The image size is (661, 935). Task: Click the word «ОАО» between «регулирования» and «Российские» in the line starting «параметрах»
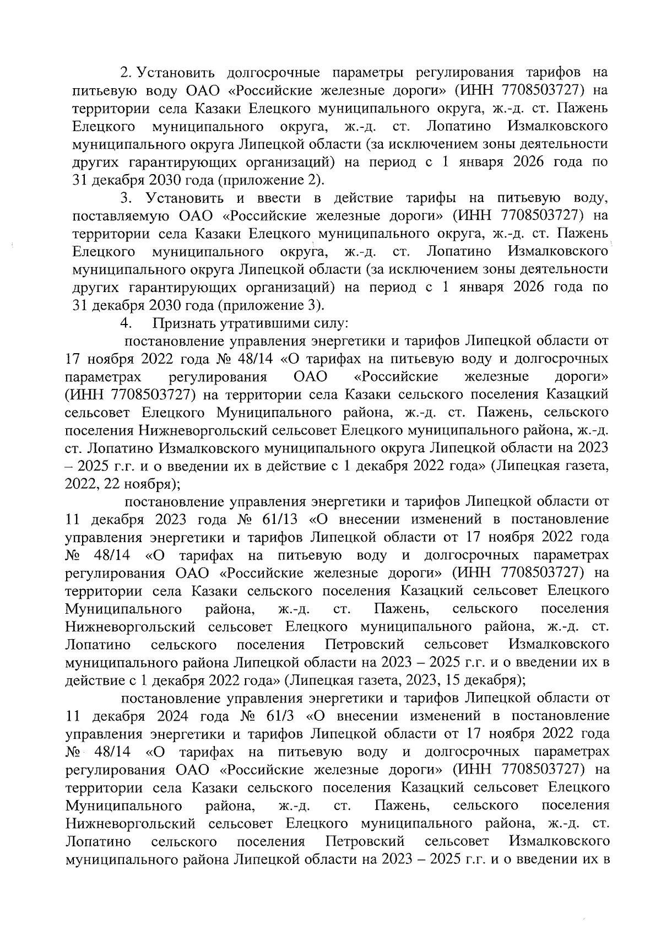coord(311,377)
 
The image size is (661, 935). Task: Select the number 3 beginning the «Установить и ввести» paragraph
coord(125,198)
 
